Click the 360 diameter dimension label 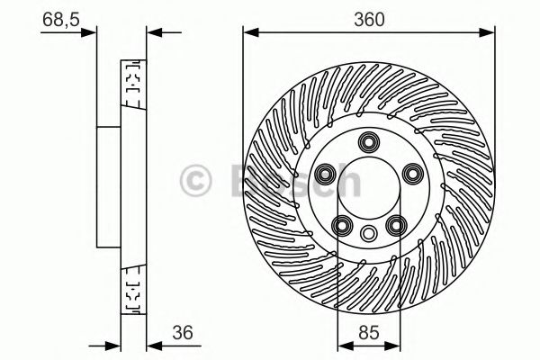(369, 17)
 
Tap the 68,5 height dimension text (60, 17)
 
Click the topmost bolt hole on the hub (368, 141)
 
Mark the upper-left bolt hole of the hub (326, 172)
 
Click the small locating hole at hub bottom (368, 234)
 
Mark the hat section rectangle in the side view (109, 187)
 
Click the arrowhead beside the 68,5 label (91, 34)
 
